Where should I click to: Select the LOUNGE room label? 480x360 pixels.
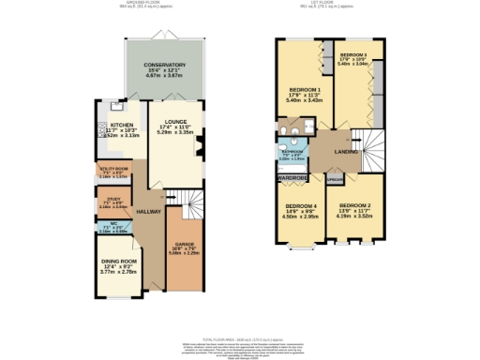click(174, 121)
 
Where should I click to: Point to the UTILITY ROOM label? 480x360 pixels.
click(113, 169)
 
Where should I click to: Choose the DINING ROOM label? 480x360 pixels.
click(119, 261)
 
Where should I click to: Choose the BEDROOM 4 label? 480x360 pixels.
click(302, 205)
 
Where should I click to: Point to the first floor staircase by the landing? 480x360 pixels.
click(372, 149)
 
